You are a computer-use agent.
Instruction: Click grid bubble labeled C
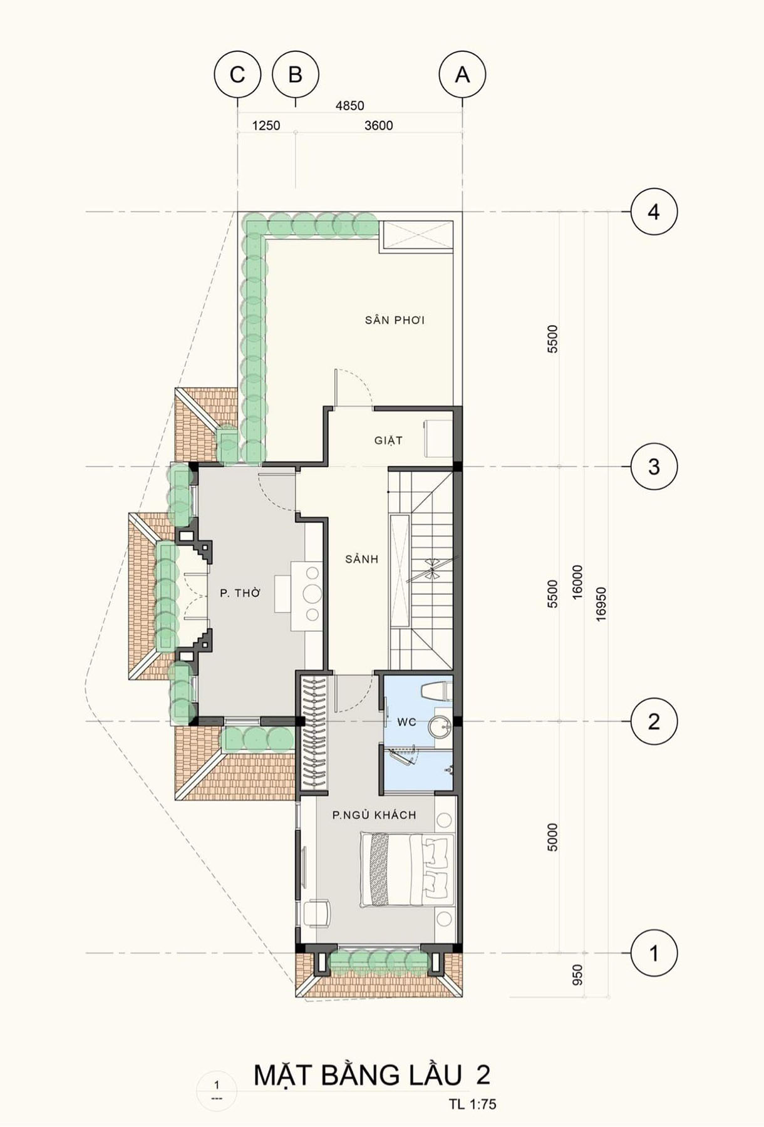point(237,75)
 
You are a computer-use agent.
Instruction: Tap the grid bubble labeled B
point(296,75)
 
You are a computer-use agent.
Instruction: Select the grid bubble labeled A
point(463,75)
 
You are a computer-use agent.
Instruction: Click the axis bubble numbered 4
point(654,212)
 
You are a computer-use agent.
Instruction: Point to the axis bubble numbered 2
point(654,721)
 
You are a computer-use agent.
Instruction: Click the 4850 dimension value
point(349,106)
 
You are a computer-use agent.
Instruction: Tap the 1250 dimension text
point(266,125)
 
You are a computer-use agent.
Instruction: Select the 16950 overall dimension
point(601,604)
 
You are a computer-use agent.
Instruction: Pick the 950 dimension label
point(577,974)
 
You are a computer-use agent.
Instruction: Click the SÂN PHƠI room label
point(395,320)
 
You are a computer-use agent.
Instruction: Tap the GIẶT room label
point(388,440)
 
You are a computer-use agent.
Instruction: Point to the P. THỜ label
point(240,592)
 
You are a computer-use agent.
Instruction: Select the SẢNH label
point(362,558)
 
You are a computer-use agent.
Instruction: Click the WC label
point(406,722)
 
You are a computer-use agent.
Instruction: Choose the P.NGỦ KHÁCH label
point(374,815)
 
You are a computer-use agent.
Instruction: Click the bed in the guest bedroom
point(407,870)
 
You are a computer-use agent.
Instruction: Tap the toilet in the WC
point(436,690)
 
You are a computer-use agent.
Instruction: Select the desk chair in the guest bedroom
point(317,912)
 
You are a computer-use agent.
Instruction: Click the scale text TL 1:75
point(472,1104)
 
